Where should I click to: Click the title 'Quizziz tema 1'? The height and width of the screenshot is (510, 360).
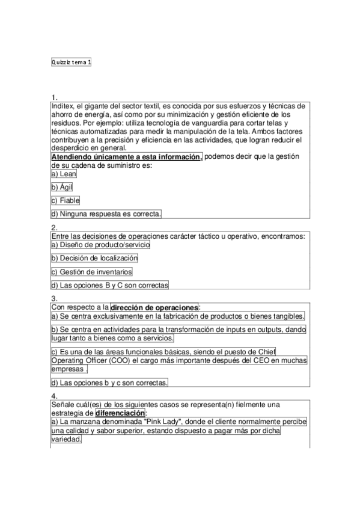click(x=72, y=61)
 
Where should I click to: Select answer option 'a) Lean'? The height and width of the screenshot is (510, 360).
click(x=64, y=174)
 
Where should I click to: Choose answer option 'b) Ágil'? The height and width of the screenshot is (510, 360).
click(x=62, y=187)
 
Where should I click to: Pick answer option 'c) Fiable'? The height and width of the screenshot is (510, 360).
click(x=66, y=200)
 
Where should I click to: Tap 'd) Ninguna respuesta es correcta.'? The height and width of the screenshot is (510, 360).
click(x=106, y=214)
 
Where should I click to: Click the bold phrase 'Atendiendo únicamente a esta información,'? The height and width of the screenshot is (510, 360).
click(x=127, y=157)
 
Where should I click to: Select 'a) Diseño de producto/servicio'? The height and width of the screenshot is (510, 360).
click(x=100, y=245)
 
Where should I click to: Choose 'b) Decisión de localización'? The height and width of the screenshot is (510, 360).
click(x=94, y=258)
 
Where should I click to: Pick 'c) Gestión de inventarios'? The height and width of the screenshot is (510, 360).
click(x=91, y=272)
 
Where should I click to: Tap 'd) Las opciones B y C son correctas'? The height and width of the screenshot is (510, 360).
click(x=110, y=285)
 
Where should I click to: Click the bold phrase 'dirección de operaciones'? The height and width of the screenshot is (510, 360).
click(x=154, y=307)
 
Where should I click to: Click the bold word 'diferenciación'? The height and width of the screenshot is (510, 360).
click(x=120, y=414)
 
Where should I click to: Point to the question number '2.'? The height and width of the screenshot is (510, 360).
click(x=54, y=227)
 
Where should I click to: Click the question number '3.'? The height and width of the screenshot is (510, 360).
click(x=54, y=298)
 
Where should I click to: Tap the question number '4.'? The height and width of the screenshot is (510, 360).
click(x=54, y=396)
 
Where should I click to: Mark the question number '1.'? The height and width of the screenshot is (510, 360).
click(x=54, y=97)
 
